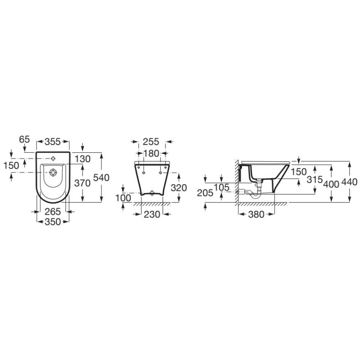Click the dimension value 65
(x=25, y=139)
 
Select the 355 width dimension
(x=53, y=142)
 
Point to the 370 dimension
(x=83, y=183)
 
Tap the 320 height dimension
(x=179, y=188)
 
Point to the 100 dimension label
(x=123, y=198)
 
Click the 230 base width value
(x=152, y=214)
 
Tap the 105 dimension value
(x=221, y=188)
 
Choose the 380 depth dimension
(x=257, y=214)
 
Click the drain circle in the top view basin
(x=53, y=173)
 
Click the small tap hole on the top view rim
(x=53, y=158)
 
